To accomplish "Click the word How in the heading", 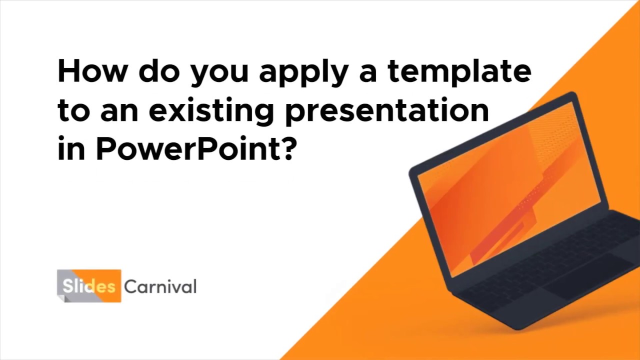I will point(92,71).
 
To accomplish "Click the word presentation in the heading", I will point(386,111).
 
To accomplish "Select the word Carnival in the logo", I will point(160,286).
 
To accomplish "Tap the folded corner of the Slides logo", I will point(60,297).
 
